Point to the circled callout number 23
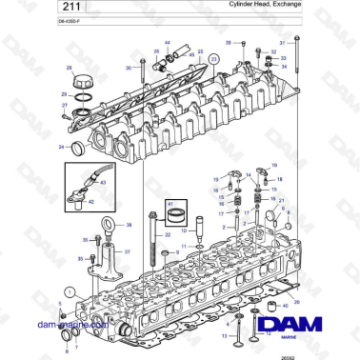coord(213,59)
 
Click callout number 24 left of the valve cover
coord(62,147)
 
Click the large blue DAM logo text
coord(302,324)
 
